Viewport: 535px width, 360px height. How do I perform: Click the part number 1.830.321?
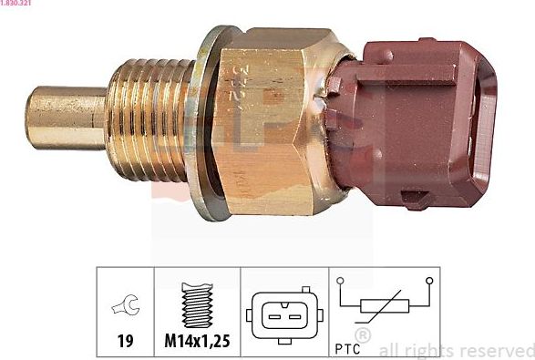16,5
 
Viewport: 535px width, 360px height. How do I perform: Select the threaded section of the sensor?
150,118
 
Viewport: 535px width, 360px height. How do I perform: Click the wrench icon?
122,308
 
